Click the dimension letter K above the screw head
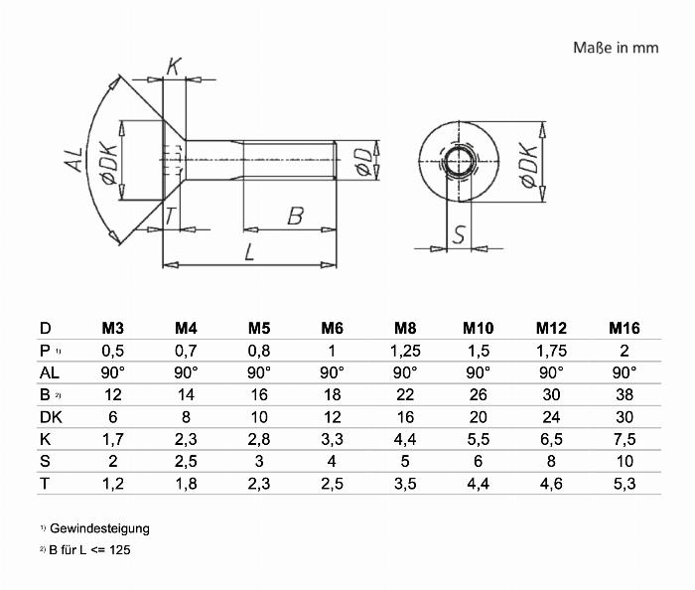tap(174, 68)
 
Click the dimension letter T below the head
tap(171, 217)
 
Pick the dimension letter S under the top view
tap(460, 234)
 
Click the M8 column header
tap(404, 329)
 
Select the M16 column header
tap(624, 329)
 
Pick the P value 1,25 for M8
tap(404, 351)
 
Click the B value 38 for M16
tap(624, 394)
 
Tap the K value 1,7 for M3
tap(112, 439)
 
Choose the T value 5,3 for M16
tap(624, 483)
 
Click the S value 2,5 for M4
tap(185, 461)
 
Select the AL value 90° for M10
tap(478, 372)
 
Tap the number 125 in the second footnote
tap(121, 549)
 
